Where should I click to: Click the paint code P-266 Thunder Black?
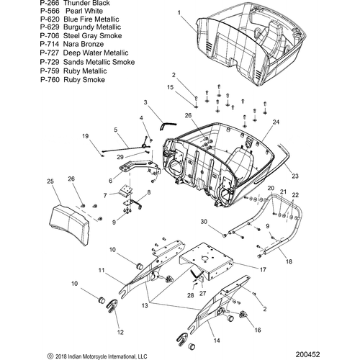coord(75,3)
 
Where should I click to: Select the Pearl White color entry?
coord(71,11)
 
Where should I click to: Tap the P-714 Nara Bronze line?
coord(72,44)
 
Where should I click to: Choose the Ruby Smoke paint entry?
coord(73,80)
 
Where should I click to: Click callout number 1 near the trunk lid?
coord(179,12)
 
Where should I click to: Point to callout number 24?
coord(276,122)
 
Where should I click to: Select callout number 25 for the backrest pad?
coord(50,181)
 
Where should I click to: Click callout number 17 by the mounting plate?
coord(264,270)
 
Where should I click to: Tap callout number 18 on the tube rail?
coord(289,261)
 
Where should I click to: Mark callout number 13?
coord(145,306)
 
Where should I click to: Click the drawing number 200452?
coord(307,354)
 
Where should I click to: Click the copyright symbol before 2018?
coord(50,356)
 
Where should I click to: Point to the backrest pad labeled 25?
coord(70,225)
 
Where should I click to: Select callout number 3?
coord(145,103)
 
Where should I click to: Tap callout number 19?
coord(86,136)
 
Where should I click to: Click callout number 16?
coord(258,330)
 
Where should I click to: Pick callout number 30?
coord(204,222)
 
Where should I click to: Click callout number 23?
coord(295,176)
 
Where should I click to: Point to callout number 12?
coord(120,332)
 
